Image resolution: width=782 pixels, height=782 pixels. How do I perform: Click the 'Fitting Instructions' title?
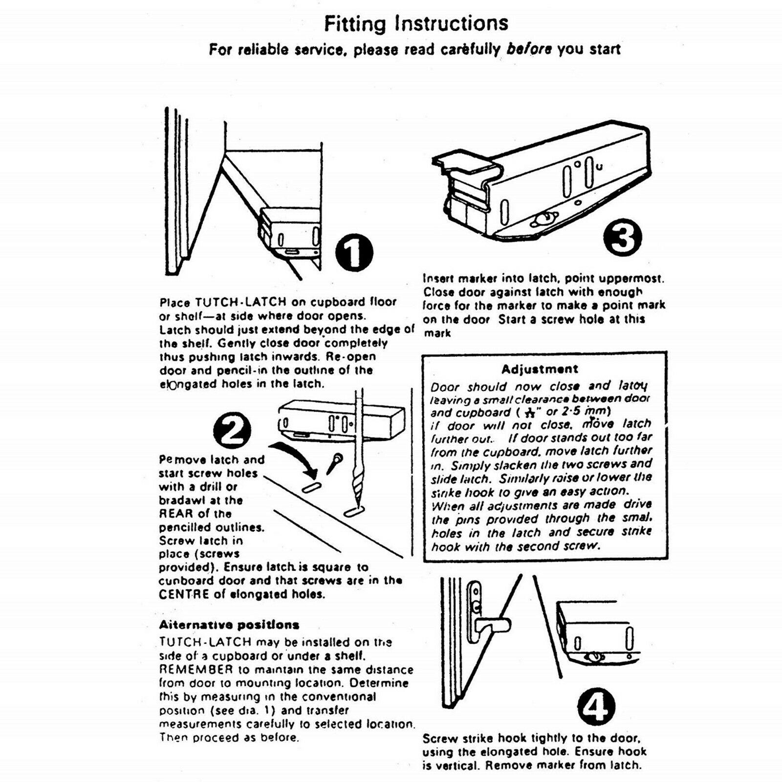click(x=416, y=23)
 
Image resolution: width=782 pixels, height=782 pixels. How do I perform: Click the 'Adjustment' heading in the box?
click(x=540, y=369)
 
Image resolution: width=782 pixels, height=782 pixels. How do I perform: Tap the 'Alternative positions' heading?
click(x=229, y=625)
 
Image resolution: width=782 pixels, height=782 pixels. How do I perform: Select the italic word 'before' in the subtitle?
click(x=529, y=49)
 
